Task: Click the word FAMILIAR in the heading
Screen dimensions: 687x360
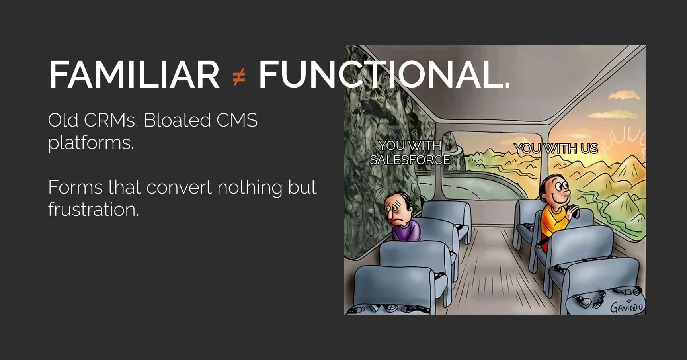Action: coord(134,74)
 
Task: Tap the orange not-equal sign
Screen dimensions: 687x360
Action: coord(239,77)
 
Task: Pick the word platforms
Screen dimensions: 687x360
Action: coord(91,143)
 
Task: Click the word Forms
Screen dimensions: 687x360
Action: coord(75,187)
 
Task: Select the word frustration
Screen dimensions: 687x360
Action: coord(94,209)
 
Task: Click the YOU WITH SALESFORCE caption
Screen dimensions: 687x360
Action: coord(410,153)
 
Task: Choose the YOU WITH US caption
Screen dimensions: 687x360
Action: coord(556,148)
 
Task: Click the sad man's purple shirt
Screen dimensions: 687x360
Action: coord(406,231)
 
